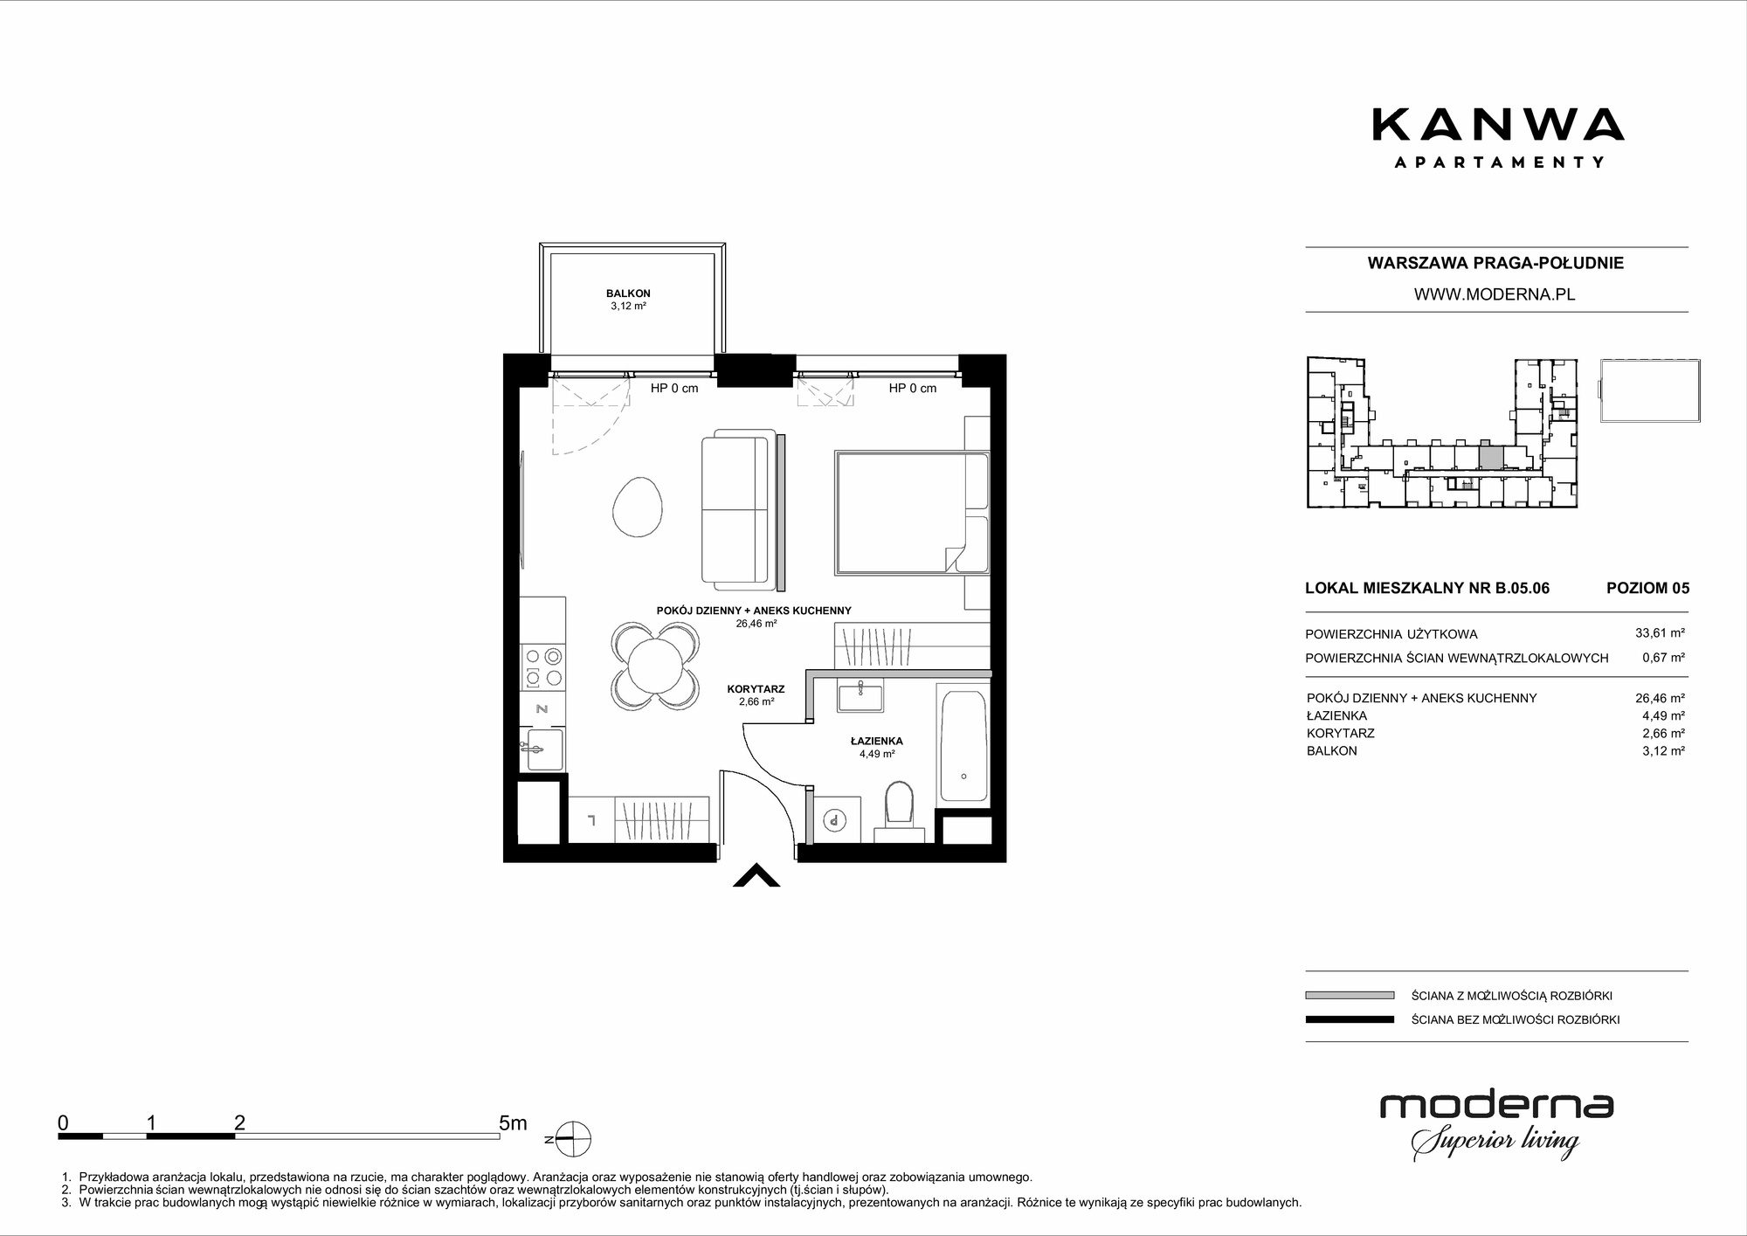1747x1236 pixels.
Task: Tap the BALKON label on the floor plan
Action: [628, 293]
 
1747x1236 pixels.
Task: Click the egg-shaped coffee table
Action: [637, 508]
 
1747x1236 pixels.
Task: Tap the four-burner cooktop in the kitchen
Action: [542, 666]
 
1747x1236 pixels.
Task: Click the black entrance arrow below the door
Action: [756, 875]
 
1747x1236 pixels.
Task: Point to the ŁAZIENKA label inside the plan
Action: [876, 741]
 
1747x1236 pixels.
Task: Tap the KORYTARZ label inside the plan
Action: [756, 689]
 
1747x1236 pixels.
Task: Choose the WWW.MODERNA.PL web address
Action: [1495, 294]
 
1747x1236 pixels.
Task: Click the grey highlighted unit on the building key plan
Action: [1490, 457]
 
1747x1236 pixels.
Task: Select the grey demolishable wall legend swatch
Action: [1350, 995]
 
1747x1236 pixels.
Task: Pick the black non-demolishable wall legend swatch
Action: [1350, 1019]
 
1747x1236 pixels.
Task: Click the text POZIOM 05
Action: [1647, 588]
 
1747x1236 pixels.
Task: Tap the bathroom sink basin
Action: [860, 698]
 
